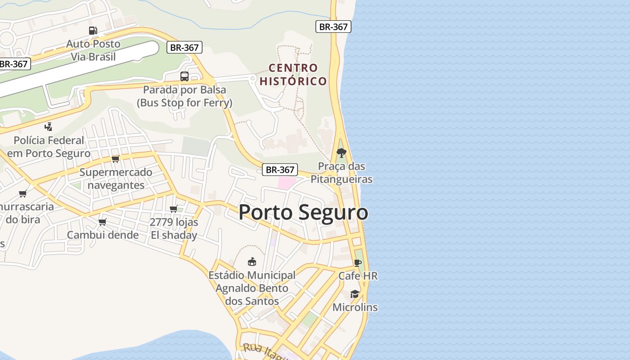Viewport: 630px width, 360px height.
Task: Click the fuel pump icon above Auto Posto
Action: [93, 31]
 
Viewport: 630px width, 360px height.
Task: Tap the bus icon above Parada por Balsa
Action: [184, 76]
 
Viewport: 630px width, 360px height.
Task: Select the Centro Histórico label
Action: [293, 75]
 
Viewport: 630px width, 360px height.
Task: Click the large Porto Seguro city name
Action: [303, 212]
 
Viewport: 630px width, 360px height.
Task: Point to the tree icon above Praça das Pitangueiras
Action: [342, 153]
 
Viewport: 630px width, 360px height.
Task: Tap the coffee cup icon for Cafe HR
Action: [358, 263]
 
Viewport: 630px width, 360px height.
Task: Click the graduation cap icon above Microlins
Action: [355, 294]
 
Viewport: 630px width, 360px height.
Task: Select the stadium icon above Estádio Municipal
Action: [252, 261]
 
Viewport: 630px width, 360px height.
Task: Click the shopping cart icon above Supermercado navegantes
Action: [116, 159]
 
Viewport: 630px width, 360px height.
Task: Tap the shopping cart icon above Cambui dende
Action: [103, 222]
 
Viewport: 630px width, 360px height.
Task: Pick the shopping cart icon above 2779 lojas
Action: [174, 209]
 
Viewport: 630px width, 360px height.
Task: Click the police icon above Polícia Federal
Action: [49, 127]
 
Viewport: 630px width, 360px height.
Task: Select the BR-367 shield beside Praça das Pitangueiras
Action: [280, 170]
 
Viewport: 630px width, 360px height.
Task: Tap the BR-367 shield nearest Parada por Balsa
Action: [184, 47]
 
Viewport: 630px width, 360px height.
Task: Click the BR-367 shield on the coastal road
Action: [333, 27]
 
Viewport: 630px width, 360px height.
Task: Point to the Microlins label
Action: [355, 307]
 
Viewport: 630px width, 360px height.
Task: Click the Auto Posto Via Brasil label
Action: [93, 50]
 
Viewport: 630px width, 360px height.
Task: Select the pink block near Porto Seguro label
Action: [286, 183]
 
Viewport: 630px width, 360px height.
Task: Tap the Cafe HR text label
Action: [358, 276]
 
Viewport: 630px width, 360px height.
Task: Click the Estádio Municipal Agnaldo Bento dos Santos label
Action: [252, 288]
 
